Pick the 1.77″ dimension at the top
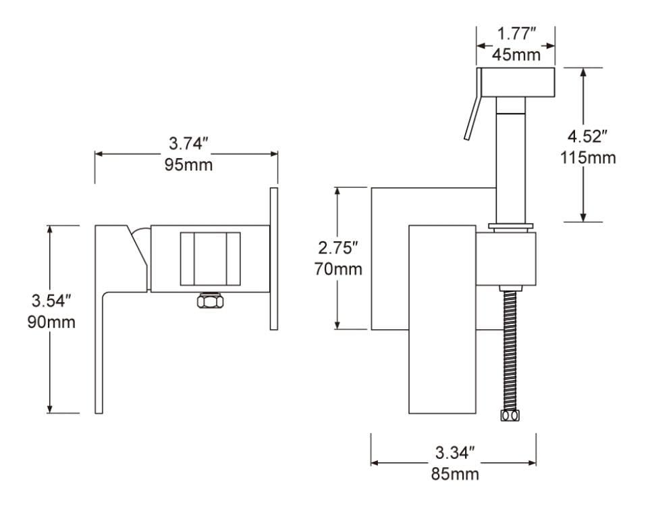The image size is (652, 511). tap(516, 34)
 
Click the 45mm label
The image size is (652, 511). tap(516, 55)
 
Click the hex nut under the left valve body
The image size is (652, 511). tap(211, 301)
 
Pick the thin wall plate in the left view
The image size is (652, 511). tap(273, 259)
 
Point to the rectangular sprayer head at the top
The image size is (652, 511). tap(516, 81)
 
